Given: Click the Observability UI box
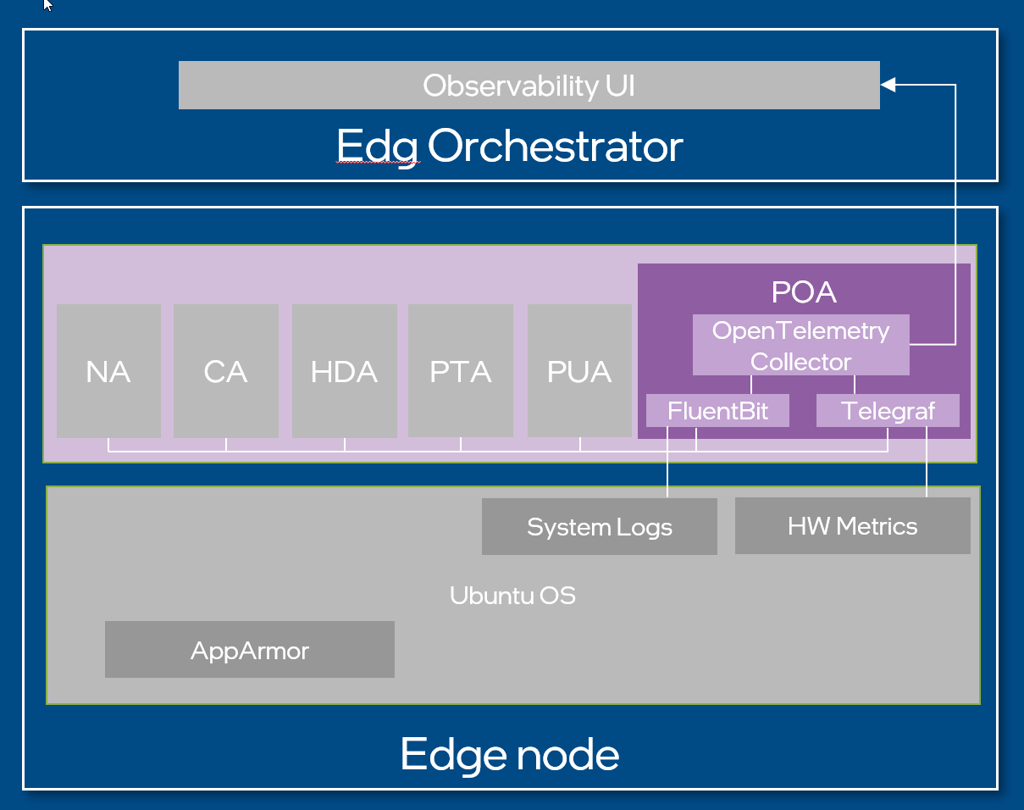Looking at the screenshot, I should (x=529, y=86).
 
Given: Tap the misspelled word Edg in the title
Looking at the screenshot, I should (x=377, y=147).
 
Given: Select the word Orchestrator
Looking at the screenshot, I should (x=555, y=147).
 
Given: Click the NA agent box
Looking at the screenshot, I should (x=108, y=371).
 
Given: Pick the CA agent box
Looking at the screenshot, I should (x=225, y=371).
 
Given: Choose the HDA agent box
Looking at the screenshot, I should (x=344, y=371).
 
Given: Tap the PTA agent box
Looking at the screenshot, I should (x=461, y=371).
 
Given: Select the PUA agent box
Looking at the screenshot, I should (x=579, y=371).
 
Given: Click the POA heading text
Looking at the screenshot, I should (x=803, y=292).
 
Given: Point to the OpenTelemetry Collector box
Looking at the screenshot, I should (x=800, y=345).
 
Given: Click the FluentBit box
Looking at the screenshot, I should (x=717, y=411).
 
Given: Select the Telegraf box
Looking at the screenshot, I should (x=888, y=411).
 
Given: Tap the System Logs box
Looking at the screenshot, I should (x=599, y=526).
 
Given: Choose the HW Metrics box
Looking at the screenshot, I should (x=852, y=525).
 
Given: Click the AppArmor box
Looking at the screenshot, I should (x=249, y=650).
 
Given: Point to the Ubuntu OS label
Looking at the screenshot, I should (x=512, y=596).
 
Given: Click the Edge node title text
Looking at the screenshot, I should (x=509, y=753).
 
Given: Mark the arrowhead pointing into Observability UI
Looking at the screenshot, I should (x=888, y=85).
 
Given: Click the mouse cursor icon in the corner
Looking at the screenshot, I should (x=47, y=6).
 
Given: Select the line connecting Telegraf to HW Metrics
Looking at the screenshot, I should (x=927, y=462).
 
